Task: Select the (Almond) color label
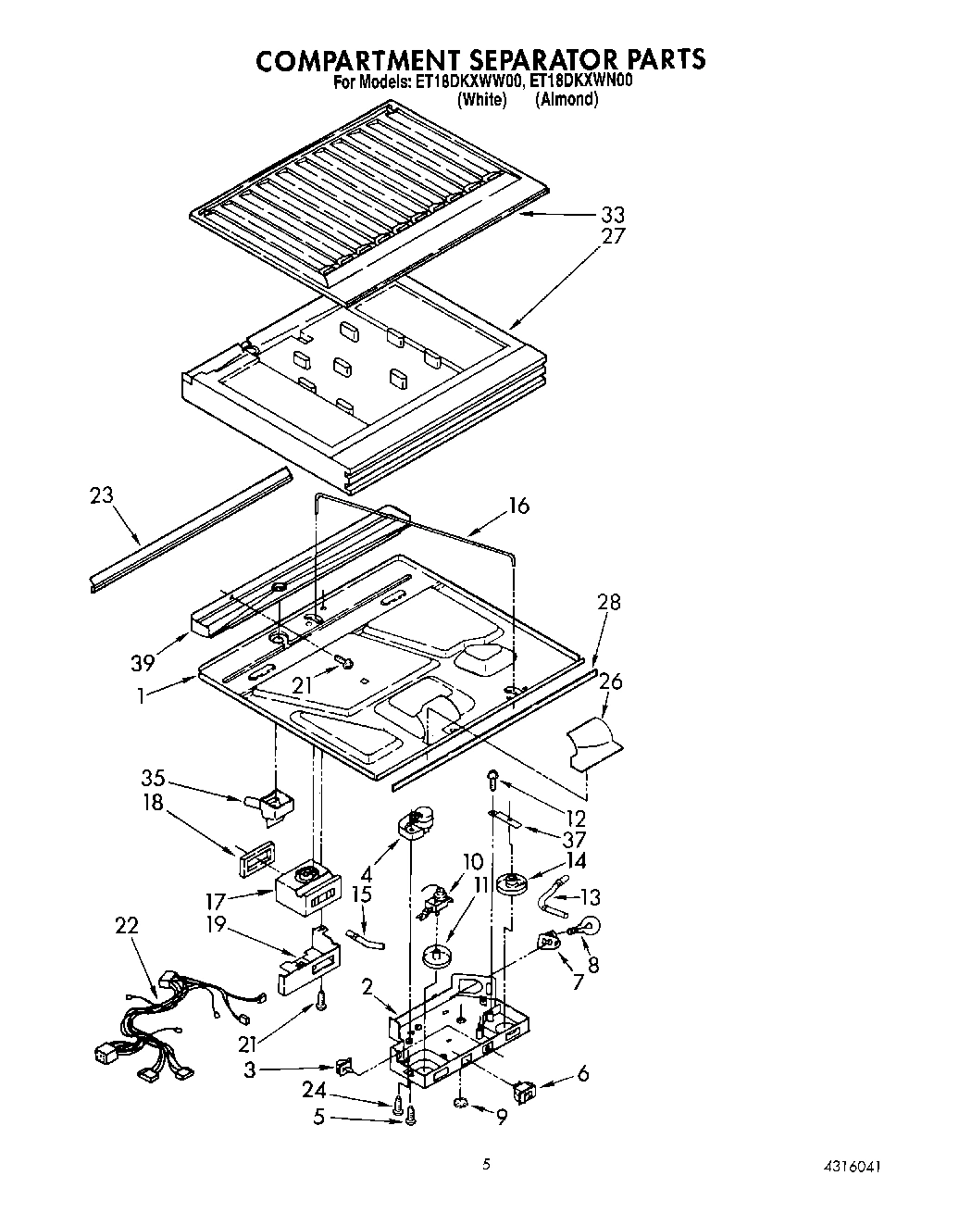567,100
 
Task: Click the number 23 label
101,494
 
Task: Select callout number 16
518,506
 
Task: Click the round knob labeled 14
512,883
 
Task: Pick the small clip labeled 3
346,1068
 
